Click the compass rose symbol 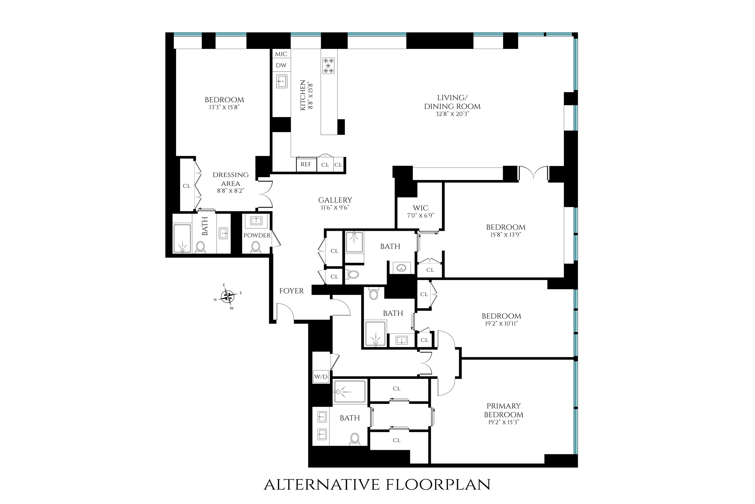coord(228,296)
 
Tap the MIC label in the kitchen coord(281,54)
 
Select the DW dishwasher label coord(281,65)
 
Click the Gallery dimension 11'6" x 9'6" coord(335,208)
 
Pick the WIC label coord(420,208)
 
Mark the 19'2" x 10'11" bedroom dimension coord(501,323)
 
